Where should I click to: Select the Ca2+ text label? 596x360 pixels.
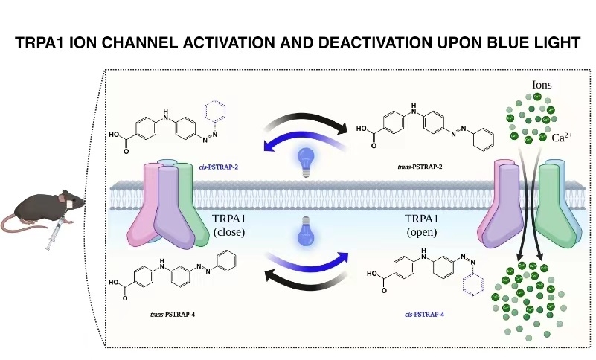click(563, 137)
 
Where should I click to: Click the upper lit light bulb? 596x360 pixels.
click(304, 159)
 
